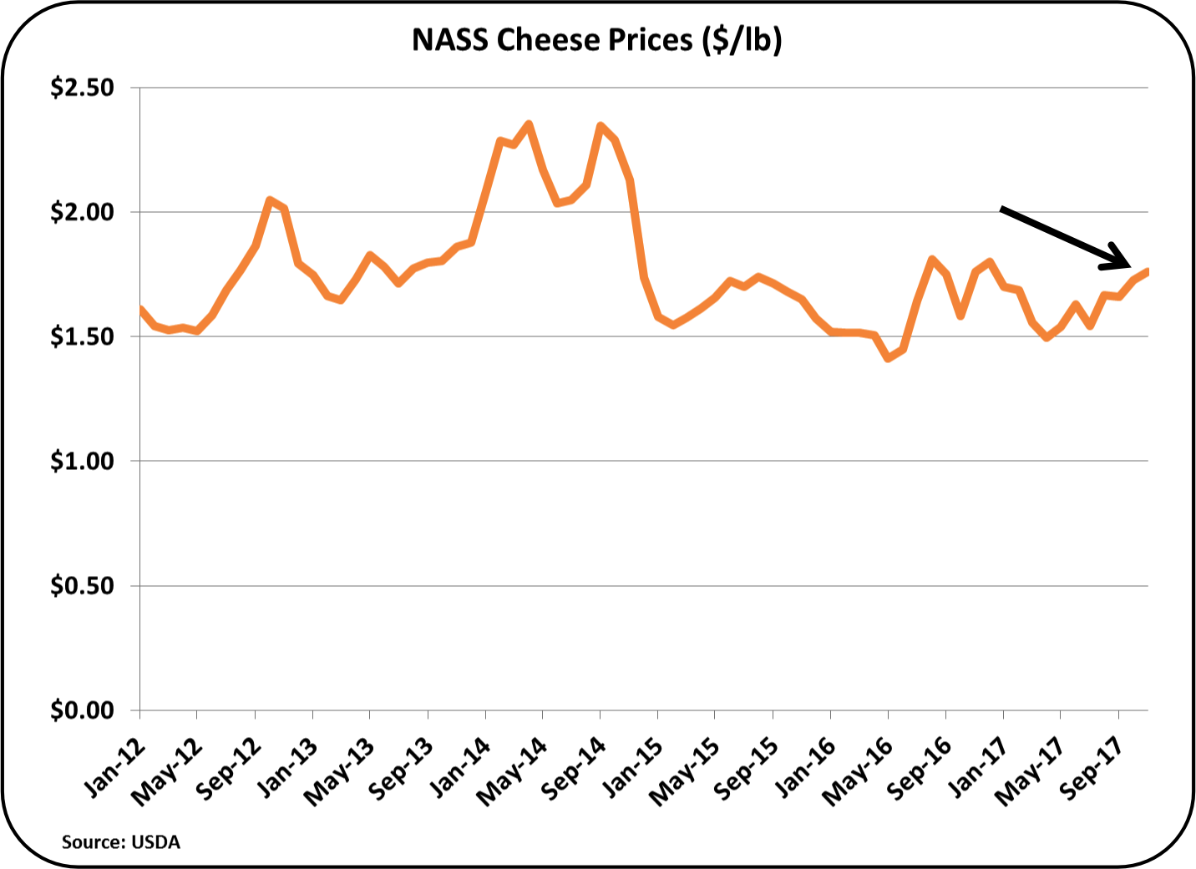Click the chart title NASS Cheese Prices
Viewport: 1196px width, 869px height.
(596, 39)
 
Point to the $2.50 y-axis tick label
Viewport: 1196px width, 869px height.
(82, 88)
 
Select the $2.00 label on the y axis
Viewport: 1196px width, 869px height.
(82, 212)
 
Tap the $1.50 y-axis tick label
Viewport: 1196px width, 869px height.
(82, 336)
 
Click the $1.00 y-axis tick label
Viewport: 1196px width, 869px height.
(82, 461)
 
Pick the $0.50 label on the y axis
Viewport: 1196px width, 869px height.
(82, 586)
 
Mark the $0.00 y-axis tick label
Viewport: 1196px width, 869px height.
(82, 710)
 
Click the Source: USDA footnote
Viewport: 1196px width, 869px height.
(121, 842)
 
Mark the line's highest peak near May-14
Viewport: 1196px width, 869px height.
(528, 124)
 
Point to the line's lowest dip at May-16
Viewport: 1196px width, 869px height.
(888, 358)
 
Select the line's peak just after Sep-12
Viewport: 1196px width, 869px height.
(270, 200)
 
